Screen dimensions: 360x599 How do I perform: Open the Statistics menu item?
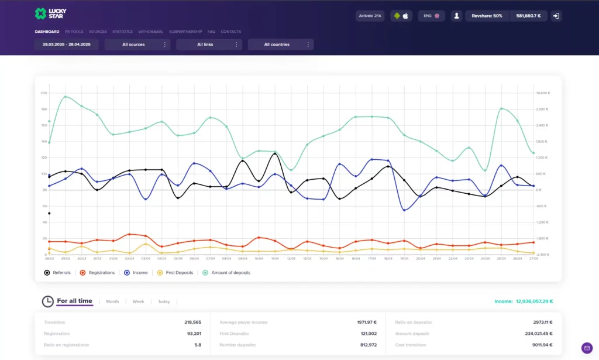click(122, 32)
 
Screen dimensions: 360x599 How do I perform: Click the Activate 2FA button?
click(369, 16)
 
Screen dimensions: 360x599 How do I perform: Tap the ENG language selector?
click(432, 16)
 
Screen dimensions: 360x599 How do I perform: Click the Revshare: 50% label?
click(487, 16)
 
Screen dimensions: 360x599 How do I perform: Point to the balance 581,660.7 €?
click(528, 16)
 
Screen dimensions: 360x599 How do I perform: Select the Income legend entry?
click(136, 273)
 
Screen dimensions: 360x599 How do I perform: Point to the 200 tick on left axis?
click(43, 93)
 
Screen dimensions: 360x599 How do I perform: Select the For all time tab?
click(74, 301)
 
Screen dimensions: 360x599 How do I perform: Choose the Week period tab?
click(138, 302)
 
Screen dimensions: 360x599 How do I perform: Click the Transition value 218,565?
click(192, 322)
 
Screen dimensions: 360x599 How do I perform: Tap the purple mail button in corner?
click(587, 348)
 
